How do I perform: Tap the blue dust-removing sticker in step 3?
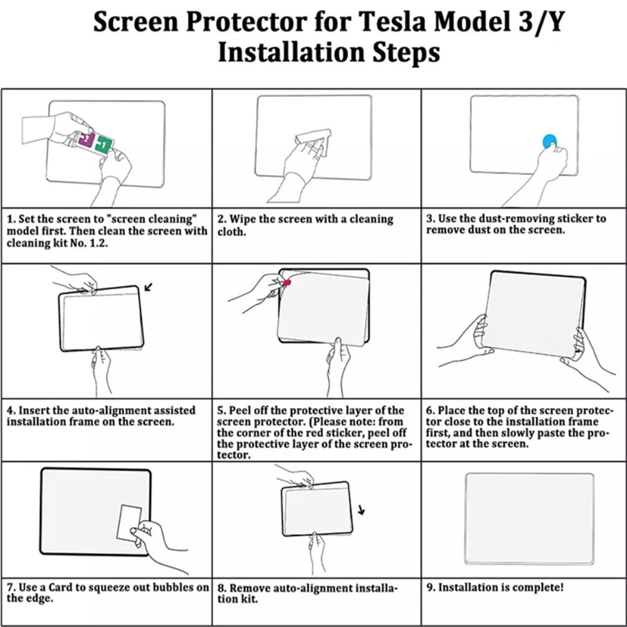coord(550,142)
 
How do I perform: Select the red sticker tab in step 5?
coord(287,284)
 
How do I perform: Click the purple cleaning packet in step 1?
coord(85,140)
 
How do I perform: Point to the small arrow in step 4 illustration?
coord(148,288)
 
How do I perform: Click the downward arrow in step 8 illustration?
coord(361,509)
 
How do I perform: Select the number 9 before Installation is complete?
coord(430,587)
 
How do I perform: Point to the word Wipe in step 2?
coord(243,219)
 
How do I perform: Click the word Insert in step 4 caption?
coord(34,410)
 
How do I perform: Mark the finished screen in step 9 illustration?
coord(529,518)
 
